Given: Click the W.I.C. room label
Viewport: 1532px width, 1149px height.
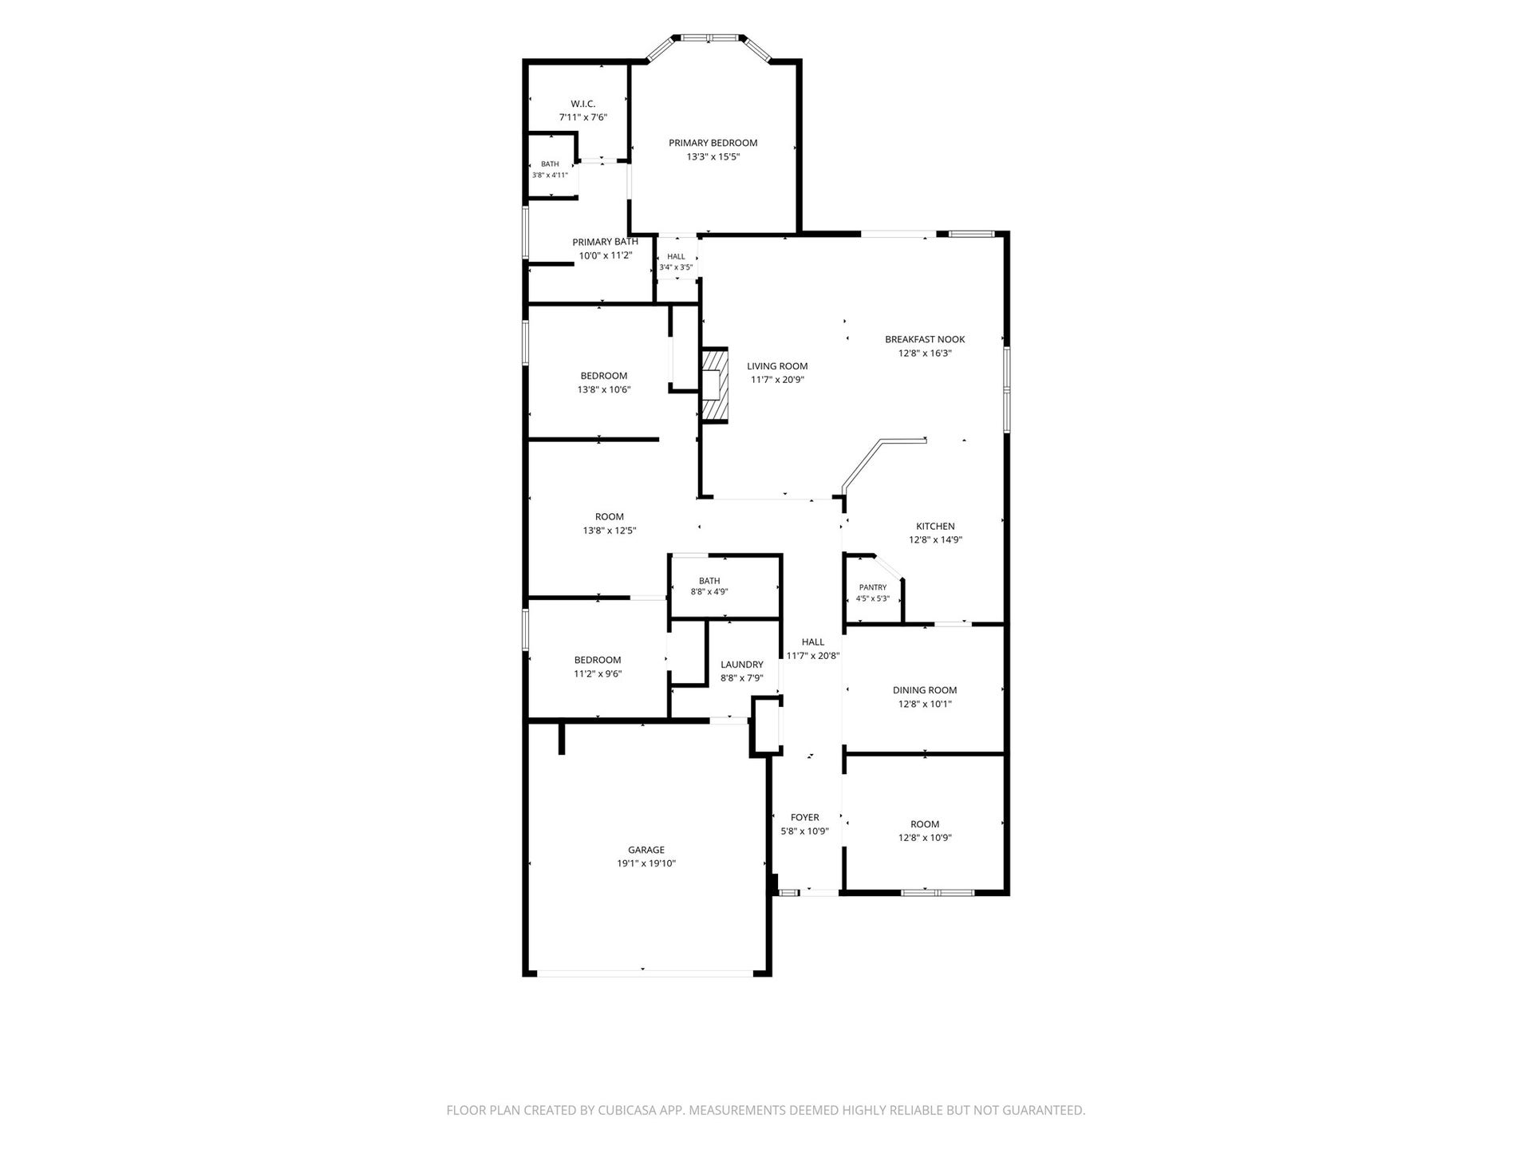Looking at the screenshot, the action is pyautogui.click(x=582, y=104).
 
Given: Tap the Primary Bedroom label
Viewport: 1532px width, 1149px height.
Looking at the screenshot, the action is pyautogui.click(x=713, y=143).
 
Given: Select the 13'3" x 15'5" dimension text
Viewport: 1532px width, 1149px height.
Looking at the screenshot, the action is pyautogui.click(x=713, y=157).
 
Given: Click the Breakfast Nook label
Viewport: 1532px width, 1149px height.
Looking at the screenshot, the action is pyautogui.click(x=925, y=339).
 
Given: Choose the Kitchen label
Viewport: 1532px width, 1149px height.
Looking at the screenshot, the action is pyautogui.click(x=935, y=526).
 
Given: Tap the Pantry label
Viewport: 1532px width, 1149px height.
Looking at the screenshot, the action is pyautogui.click(x=873, y=587).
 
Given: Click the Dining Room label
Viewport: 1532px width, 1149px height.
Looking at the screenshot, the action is pyautogui.click(x=925, y=690).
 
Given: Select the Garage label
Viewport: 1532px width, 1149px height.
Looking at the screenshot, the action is pyautogui.click(x=646, y=850).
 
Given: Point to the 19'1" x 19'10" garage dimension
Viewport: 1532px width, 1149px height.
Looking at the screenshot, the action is pyautogui.click(x=646, y=863).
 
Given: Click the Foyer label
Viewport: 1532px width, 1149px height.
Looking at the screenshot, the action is pyautogui.click(x=804, y=817).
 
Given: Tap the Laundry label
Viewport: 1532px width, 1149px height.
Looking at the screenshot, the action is pyautogui.click(x=742, y=665).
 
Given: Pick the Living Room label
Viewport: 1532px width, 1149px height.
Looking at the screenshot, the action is pyautogui.click(x=777, y=366).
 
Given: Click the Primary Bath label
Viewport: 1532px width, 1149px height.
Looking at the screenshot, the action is pyautogui.click(x=605, y=242).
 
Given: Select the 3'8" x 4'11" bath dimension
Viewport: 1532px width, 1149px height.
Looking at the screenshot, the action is pyautogui.click(x=550, y=176).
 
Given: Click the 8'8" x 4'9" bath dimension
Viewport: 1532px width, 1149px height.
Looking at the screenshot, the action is pyautogui.click(x=709, y=592).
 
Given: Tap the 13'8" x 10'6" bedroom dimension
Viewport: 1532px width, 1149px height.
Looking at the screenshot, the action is pyautogui.click(x=605, y=390).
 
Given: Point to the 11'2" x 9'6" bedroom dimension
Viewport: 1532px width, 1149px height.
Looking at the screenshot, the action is pyautogui.click(x=598, y=674).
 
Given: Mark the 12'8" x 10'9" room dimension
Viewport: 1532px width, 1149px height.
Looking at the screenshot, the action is pyautogui.click(x=925, y=838).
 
